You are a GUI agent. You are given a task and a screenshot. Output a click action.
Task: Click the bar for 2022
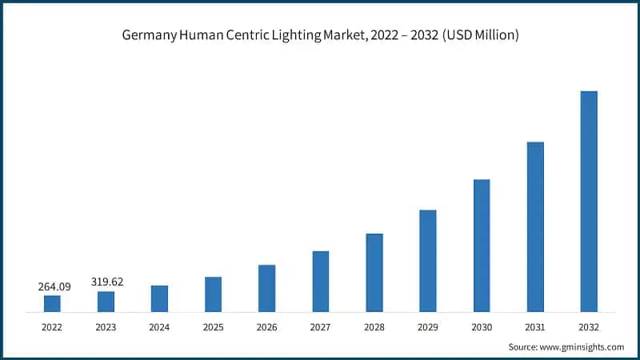52,303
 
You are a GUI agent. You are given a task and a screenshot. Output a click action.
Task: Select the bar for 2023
106,301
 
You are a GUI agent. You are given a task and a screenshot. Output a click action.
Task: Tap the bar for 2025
213,294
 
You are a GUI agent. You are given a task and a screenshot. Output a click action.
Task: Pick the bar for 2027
320,281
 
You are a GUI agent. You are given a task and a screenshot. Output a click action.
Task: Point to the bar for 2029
427,261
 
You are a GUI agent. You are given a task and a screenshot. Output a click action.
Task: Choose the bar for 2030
482,245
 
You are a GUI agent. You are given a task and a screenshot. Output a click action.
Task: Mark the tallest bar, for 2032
589,201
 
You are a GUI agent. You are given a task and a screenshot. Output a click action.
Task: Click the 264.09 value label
54,286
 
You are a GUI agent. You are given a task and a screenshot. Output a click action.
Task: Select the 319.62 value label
107,282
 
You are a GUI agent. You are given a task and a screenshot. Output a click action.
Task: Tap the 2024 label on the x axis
159,327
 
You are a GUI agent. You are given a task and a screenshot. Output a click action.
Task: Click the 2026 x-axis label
266,327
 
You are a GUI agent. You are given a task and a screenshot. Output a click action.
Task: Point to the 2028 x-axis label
374,327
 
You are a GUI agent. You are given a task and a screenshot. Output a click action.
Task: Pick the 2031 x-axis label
535,327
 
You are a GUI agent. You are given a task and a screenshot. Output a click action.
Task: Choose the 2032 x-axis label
589,327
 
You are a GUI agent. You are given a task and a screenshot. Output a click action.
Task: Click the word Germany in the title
150,35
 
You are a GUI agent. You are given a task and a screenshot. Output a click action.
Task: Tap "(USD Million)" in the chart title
478,35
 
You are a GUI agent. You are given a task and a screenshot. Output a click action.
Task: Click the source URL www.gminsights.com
583,346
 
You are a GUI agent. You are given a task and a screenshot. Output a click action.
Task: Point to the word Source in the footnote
524,346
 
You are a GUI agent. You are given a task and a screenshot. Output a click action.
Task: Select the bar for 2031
535,226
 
